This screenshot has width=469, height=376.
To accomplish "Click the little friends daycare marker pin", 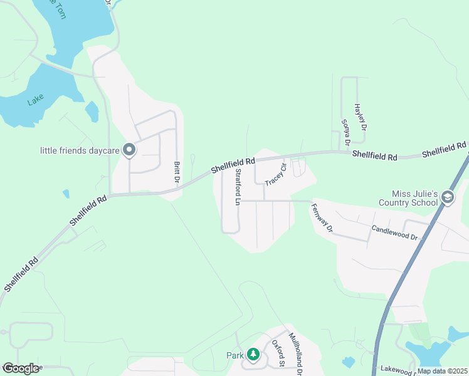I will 129,150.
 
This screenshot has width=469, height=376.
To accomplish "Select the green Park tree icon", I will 253,355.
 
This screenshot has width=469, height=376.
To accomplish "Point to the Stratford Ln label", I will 238,187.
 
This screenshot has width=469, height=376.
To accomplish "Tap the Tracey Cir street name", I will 275,175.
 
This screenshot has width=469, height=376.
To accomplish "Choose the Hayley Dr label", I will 360,118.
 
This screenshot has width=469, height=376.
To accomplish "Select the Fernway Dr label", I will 321,217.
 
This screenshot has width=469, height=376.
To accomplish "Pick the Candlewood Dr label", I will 394,232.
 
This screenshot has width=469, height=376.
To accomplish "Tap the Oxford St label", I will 278,354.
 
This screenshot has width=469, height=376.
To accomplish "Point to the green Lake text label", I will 36,100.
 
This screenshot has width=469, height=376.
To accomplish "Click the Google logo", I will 20,368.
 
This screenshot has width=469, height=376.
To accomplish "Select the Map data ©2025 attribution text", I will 442,371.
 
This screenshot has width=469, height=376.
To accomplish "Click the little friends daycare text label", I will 80,150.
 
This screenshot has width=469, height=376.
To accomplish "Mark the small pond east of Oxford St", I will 349,362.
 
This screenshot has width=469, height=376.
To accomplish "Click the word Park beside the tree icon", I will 235,355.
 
